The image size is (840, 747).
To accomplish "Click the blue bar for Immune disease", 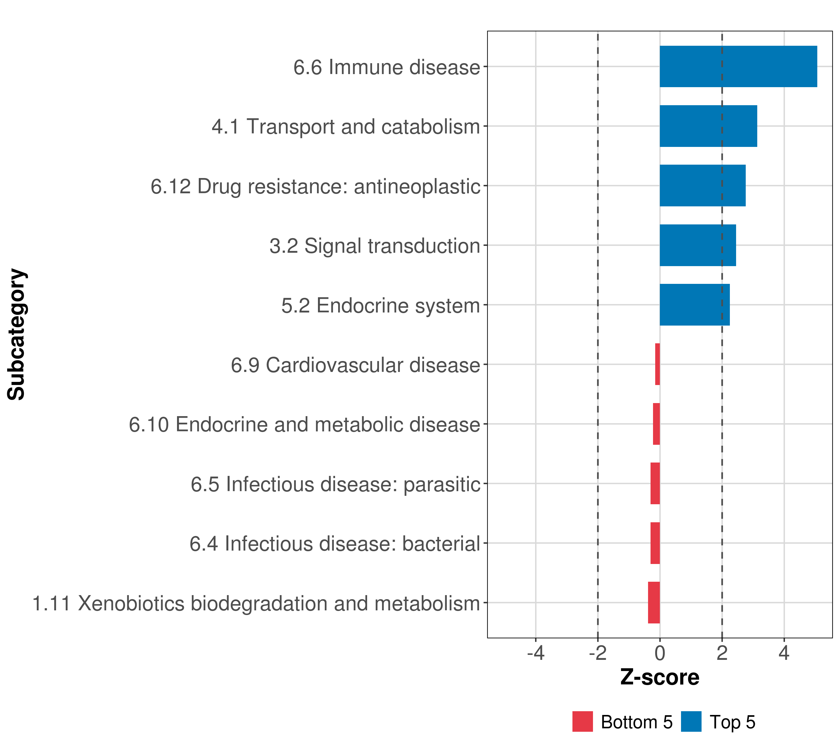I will click(x=738, y=67).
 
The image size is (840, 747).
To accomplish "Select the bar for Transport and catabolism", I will click(x=708, y=126).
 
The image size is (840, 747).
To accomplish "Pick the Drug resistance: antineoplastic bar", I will click(x=702, y=186).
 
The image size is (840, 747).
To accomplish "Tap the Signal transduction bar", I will click(x=698, y=246).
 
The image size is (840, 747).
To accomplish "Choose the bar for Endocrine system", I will click(x=694, y=305).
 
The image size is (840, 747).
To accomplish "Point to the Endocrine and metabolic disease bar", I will click(x=656, y=424).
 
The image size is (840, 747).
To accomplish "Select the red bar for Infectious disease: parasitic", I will click(x=655, y=483).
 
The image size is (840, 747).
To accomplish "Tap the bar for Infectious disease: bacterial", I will click(x=655, y=543).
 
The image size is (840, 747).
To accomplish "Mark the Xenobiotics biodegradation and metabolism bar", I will click(x=654, y=603).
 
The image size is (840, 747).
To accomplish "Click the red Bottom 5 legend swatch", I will click(x=582, y=721).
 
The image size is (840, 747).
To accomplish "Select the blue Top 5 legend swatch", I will click(x=691, y=721).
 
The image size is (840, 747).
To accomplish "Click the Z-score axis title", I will click(x=660, y=678).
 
